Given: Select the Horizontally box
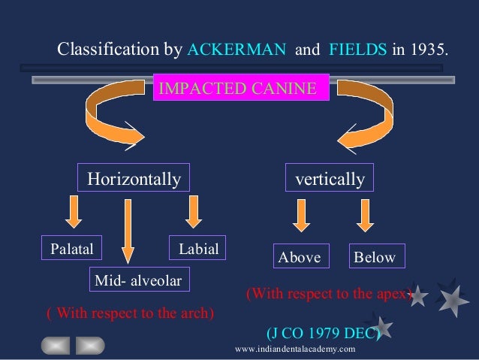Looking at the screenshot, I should coord(134,180).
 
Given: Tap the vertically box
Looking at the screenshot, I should coord(330,180).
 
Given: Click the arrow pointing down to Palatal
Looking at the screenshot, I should coord(72,211).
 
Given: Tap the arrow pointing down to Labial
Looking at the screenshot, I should coord(193,211).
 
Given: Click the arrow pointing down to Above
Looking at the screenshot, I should coord(300,216).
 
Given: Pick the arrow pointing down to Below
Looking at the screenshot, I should coord(366,216).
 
